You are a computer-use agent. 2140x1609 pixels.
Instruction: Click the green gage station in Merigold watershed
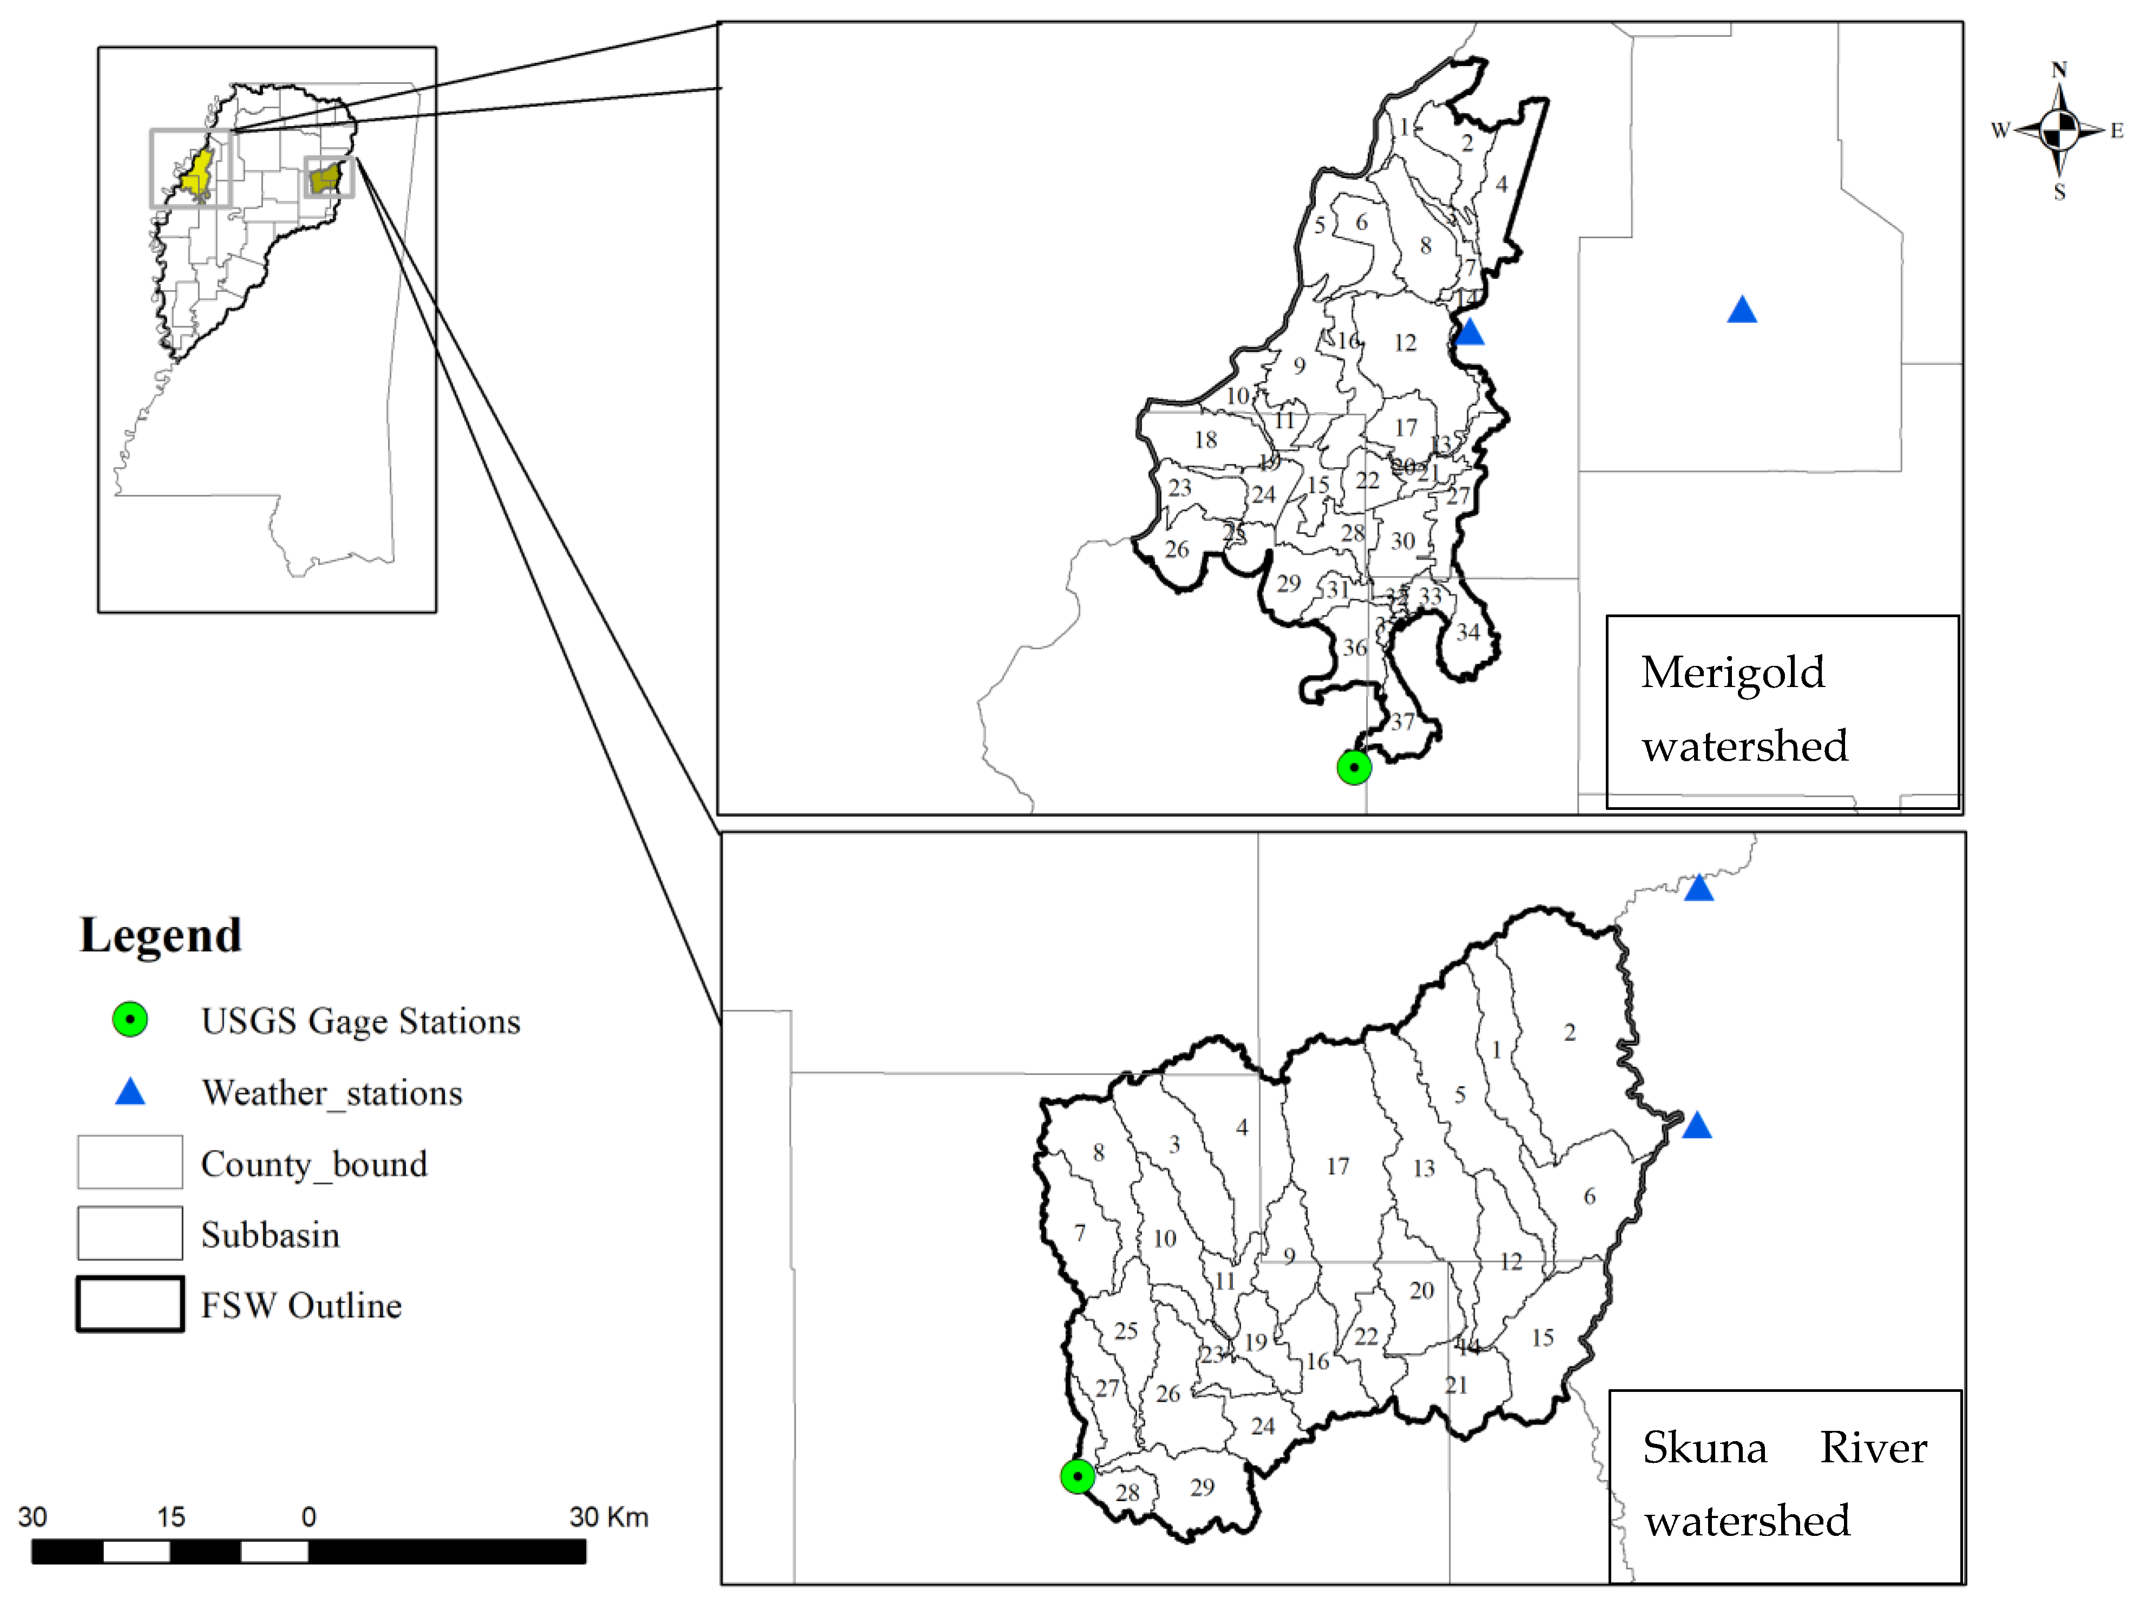1354,767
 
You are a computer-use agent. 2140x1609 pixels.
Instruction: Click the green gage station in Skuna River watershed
1077,1476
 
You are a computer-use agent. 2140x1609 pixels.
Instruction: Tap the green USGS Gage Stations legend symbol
130,1020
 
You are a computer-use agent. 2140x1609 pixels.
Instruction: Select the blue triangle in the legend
130,1093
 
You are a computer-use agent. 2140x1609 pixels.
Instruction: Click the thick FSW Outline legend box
130,1304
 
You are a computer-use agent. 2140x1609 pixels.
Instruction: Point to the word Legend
161,934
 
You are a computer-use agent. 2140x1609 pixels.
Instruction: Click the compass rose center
2059,129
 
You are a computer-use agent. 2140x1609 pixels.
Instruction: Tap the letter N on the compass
2059,70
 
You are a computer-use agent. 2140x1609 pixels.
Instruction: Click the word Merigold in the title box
1732,672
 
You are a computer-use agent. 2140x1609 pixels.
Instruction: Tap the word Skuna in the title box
1705,1448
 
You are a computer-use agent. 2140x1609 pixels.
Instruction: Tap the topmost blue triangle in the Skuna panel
1699,888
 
